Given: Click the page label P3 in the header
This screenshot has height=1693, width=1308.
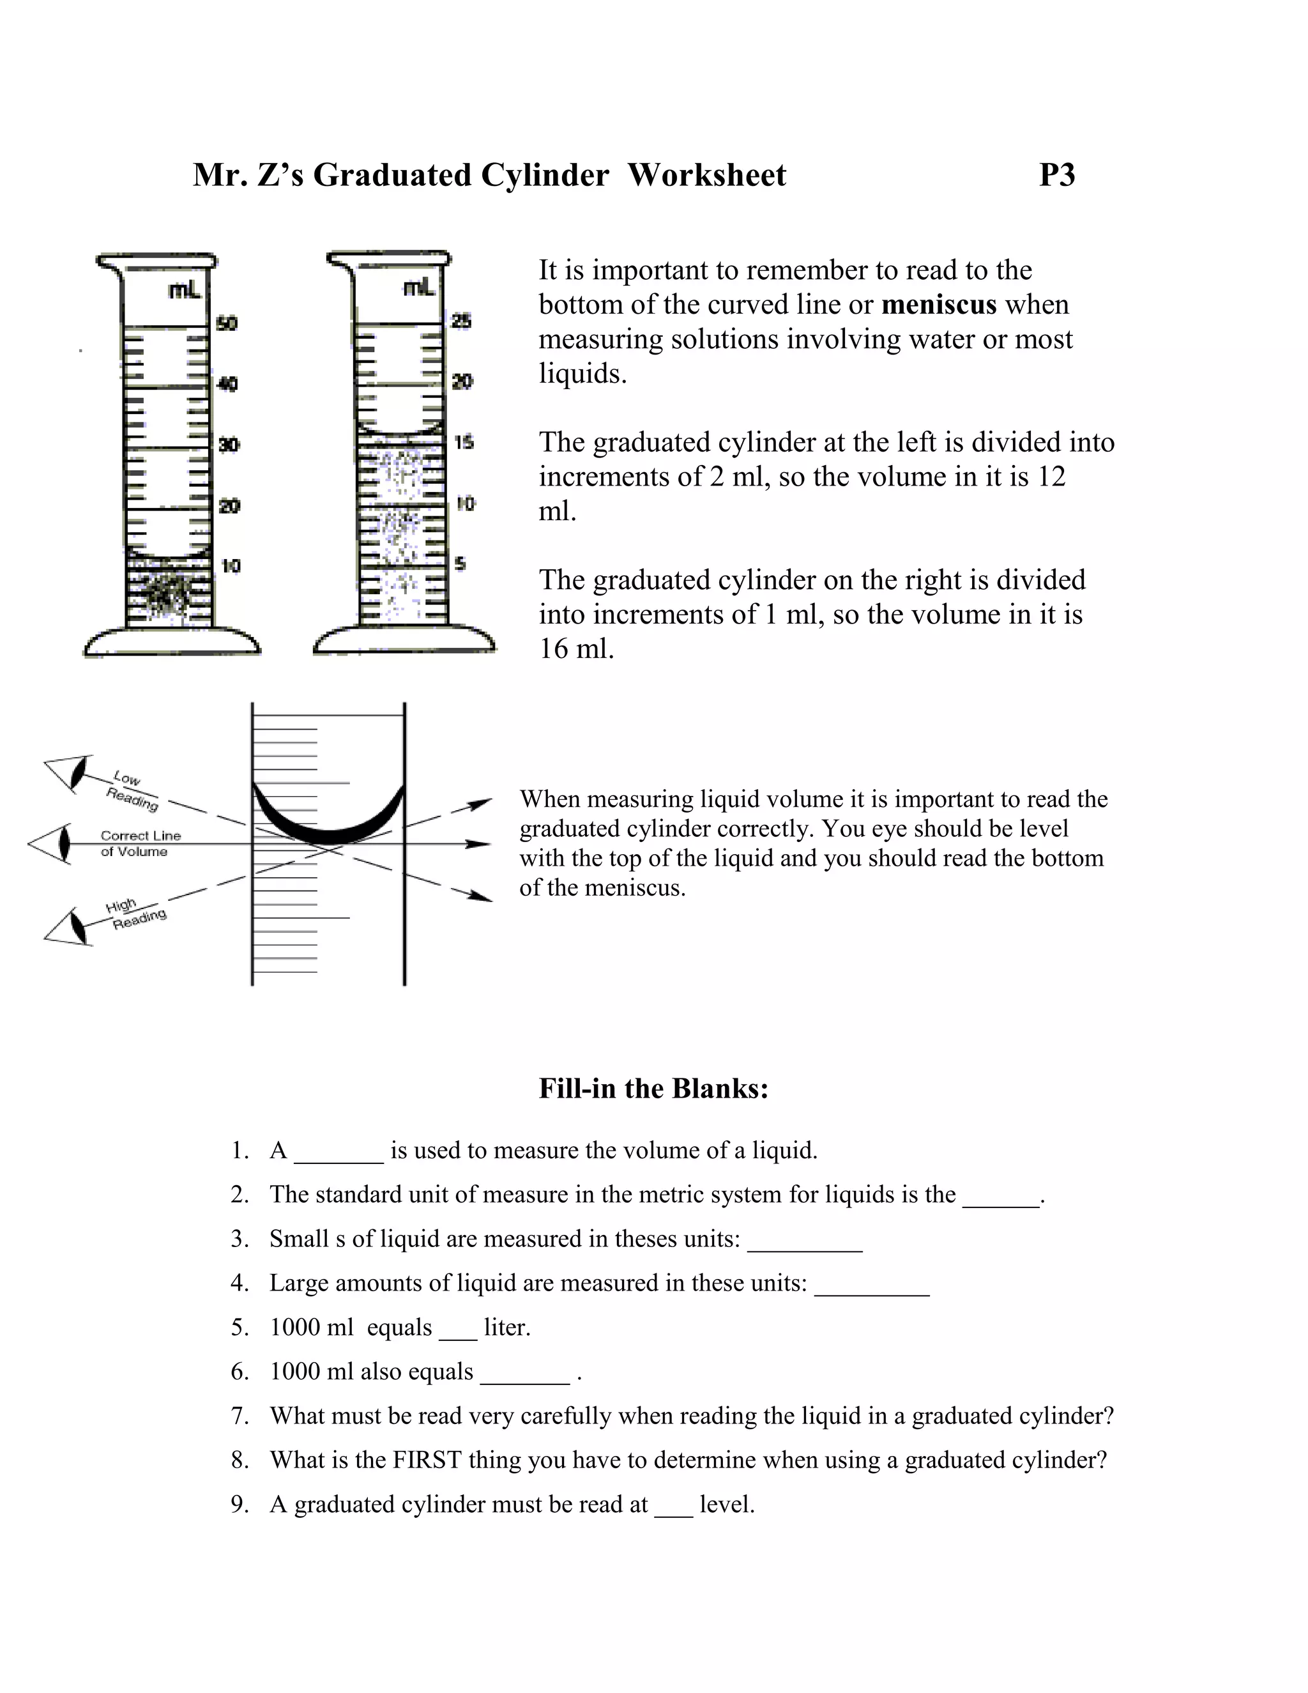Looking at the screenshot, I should point(1056,175).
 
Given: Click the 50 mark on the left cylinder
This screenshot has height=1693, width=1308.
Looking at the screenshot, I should point(226,323).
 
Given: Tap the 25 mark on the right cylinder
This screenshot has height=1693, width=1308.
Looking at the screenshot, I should point(461,320).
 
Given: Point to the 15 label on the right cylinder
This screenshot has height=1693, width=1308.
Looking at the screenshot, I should point(464,443).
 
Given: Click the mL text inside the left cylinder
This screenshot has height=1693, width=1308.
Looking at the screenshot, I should point(185,291).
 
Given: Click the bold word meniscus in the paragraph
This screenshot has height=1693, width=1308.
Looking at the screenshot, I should point(938,305).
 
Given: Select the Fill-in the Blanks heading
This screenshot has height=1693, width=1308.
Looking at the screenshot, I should point(653,1089).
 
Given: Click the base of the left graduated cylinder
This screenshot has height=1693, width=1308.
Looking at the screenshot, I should point(171,643).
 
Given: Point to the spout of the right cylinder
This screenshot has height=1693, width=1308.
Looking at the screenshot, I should point(338,259).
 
